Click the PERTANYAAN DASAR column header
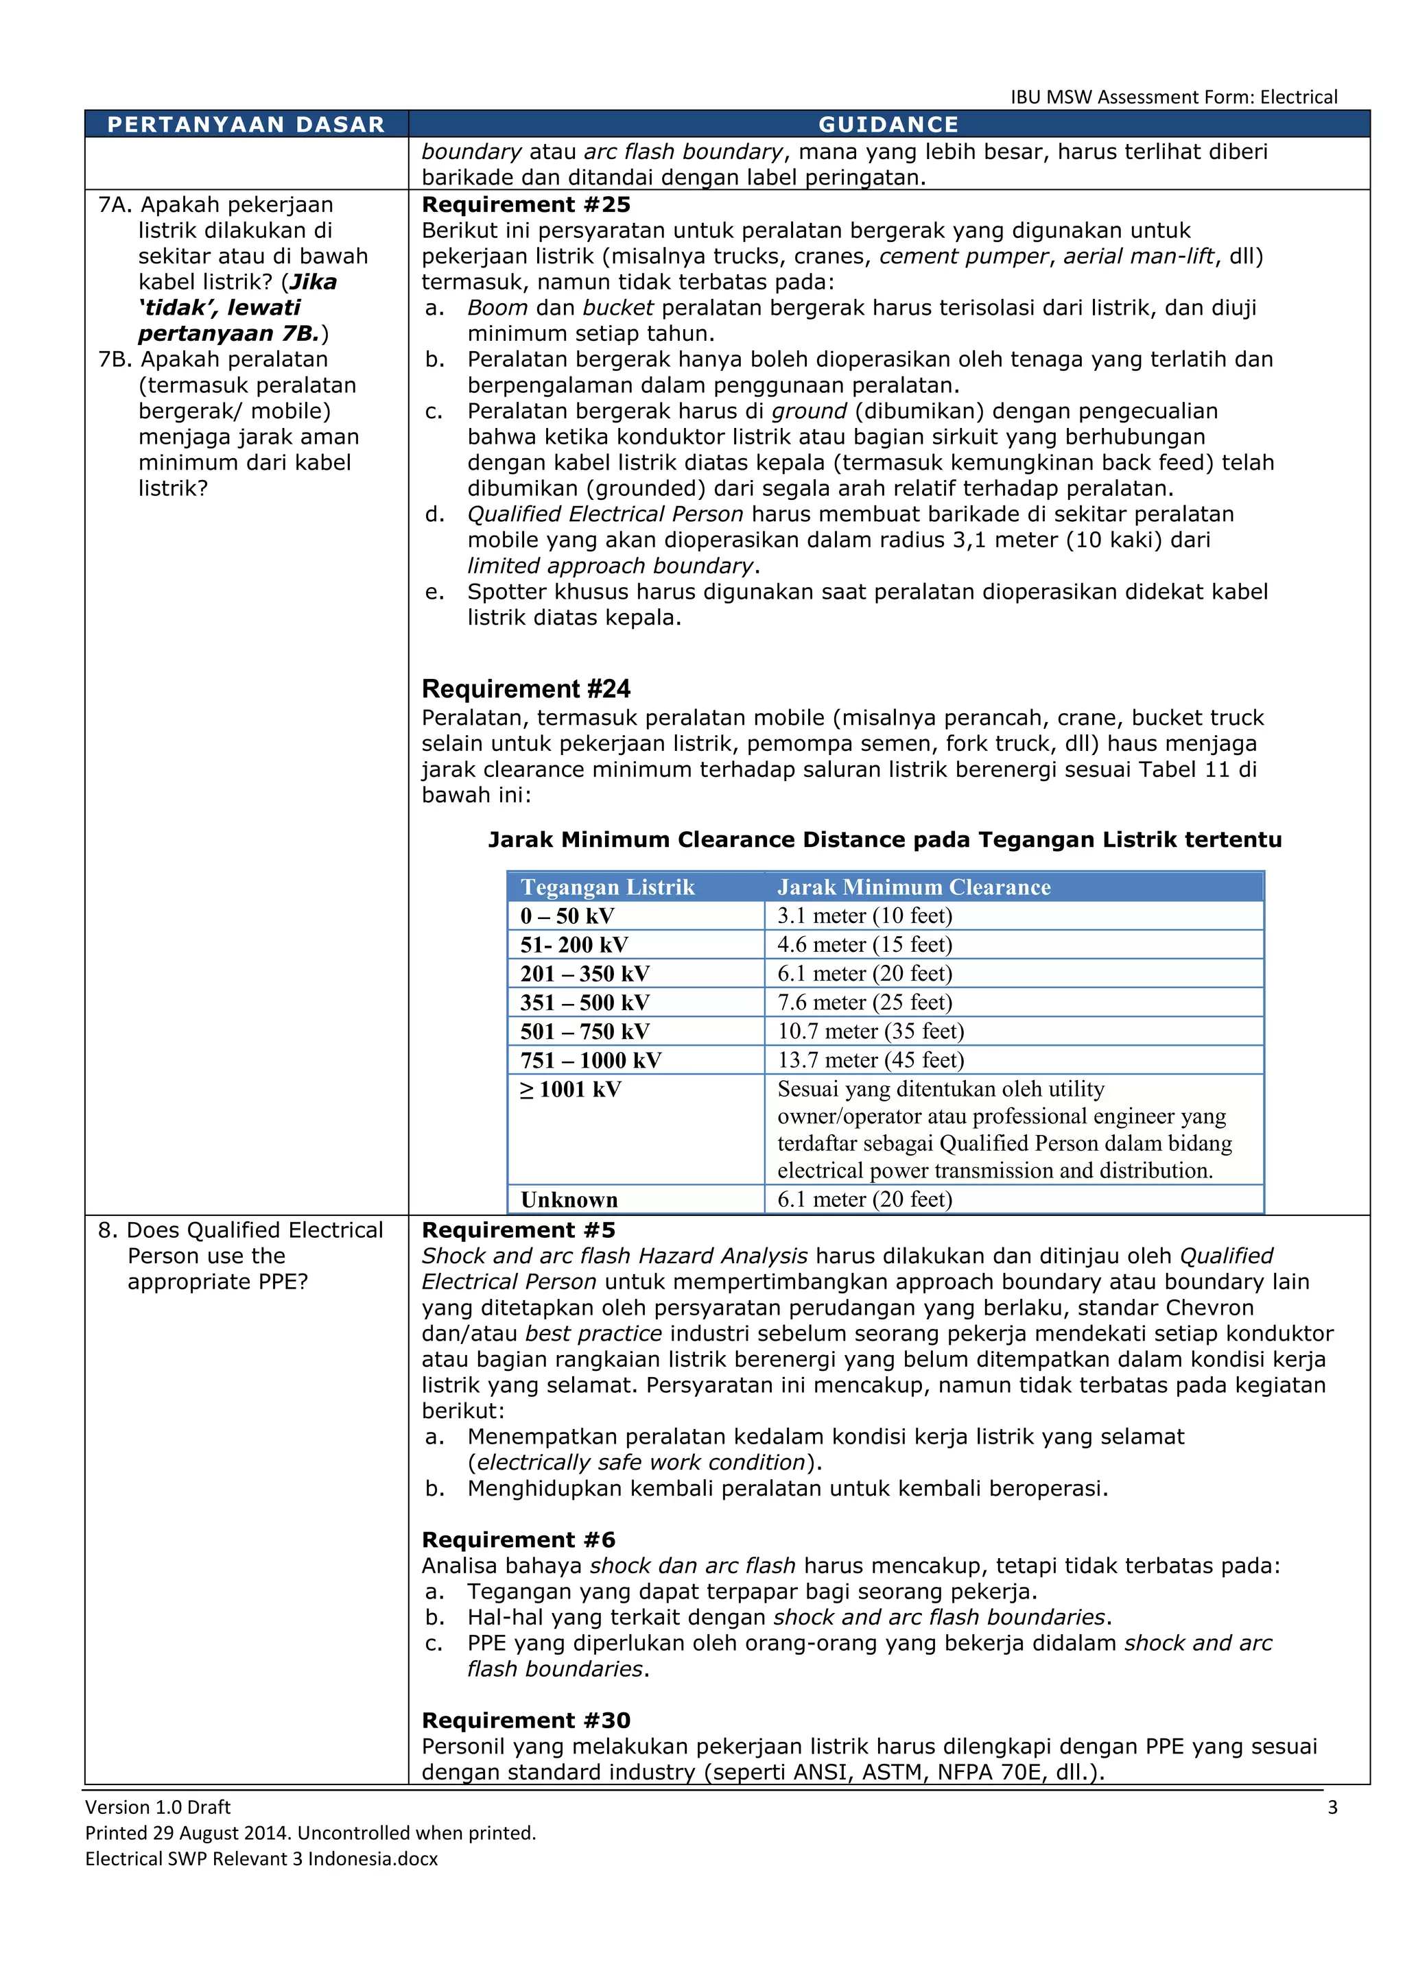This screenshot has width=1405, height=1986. tap(246, 125)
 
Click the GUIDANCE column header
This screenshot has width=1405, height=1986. tap(888, 125)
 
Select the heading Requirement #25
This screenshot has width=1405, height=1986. tap(526, 205)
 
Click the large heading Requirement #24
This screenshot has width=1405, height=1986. tap(526, 689)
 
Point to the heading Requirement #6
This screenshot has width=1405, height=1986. tap(518, 1540)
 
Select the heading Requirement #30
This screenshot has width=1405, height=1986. tap(526, 1721)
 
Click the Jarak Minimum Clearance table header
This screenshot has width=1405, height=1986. tap(914, 887)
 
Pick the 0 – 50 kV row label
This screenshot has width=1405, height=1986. tap(567, 916)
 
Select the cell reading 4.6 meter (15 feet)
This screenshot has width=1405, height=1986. tap(864, 944)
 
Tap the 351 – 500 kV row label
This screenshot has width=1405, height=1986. tap(585, 1003)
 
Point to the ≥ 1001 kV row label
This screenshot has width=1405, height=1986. tap(571, 1090)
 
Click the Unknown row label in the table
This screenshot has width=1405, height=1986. tap(569, 1199)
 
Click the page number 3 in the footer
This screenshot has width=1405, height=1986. tap(1332, 1807)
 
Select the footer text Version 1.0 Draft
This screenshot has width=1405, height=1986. tap(158, 1807)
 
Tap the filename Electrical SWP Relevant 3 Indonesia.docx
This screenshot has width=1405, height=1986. tap(261, 1859)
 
